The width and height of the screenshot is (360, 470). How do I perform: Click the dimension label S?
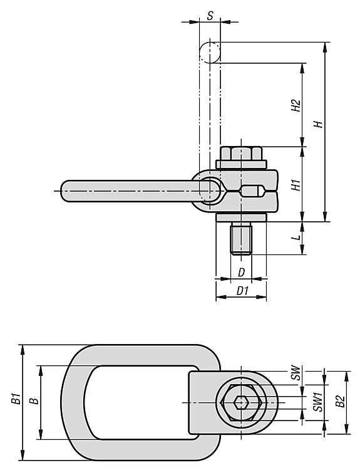tap(210, 16)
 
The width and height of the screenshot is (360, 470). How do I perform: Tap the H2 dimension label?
tap(296, 105)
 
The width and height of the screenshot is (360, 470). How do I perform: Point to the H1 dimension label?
tap(296, 185)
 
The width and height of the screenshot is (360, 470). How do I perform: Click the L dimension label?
tap(297, 238)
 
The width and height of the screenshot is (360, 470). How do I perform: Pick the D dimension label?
tap(242, 273)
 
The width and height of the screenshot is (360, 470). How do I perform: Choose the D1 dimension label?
tap(242, 290)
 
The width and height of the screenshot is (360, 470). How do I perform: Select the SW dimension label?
tap(296, 373)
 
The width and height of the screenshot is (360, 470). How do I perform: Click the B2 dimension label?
tap(340, 401)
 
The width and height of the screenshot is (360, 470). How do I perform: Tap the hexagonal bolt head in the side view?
tap(241, 154)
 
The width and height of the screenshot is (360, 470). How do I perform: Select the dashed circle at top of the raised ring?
tap(210, 53)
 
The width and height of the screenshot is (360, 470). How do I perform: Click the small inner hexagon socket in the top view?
tap(241, 402)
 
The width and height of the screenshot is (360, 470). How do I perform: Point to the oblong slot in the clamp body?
tap(252, 192)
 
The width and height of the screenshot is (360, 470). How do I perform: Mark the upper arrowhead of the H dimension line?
tap(325, 47)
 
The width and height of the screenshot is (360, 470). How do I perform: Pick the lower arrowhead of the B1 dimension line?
tap(23, 456)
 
